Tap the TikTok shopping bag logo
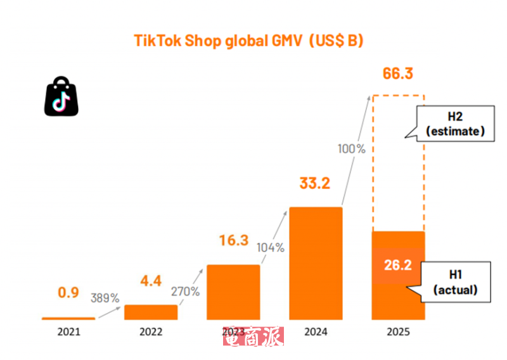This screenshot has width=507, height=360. (x=61, y=97)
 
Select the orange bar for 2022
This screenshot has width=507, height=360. (x=151, y=312)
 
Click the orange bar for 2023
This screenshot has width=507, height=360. (x=233, y=292)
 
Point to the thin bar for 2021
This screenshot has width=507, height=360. (x=68, y=318)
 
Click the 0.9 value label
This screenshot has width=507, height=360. (x=68, y=293)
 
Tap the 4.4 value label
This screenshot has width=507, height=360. (x=151, y=280)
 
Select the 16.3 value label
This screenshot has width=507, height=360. (x=233, y=241)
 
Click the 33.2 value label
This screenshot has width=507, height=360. (x=315, y=184)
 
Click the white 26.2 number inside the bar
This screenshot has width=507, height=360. (x=397, y=265)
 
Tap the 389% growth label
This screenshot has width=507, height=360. (x=105, y=298)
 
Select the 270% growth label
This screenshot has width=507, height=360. (x=186, y=292)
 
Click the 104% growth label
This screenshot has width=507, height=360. (x=270, y=248)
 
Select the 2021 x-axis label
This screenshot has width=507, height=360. (x=68, y=332)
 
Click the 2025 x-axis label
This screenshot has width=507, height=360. (x=397, y=332)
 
